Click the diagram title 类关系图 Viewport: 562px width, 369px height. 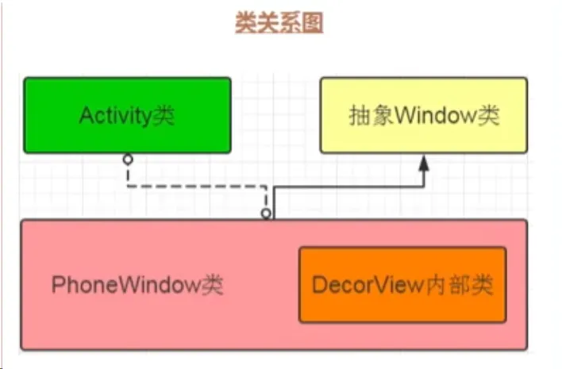(x=279, y=22)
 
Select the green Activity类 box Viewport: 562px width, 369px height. (x=127, y=115)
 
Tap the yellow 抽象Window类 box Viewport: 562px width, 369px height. (x=424, y=115)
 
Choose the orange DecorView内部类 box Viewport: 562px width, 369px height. (x=402, y=285)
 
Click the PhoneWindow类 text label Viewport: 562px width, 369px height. (x=137, y=285)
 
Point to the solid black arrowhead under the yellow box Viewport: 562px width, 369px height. (x=424, y=163)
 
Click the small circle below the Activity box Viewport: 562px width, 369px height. (x=128, y=159)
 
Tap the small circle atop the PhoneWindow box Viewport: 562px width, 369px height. (x=266, y=214)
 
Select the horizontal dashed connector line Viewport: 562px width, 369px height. (x=197, y=186)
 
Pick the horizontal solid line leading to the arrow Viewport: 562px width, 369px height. (x=348, y=186)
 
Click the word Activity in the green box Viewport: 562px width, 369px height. (x=115, y=116)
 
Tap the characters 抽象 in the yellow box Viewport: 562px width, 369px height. (x=371, y=115)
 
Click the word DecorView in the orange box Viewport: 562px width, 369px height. (x=368, y=285)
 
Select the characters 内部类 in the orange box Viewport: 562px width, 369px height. (x=460, y=285)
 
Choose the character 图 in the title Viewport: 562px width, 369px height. (x=312, y=22)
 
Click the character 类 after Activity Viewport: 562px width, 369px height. (x=164, y=116)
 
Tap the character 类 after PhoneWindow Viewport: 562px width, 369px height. (x=212, y=286)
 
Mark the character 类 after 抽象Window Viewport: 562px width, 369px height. (x=488, y=115)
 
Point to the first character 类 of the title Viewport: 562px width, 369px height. (x=246, y=22)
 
